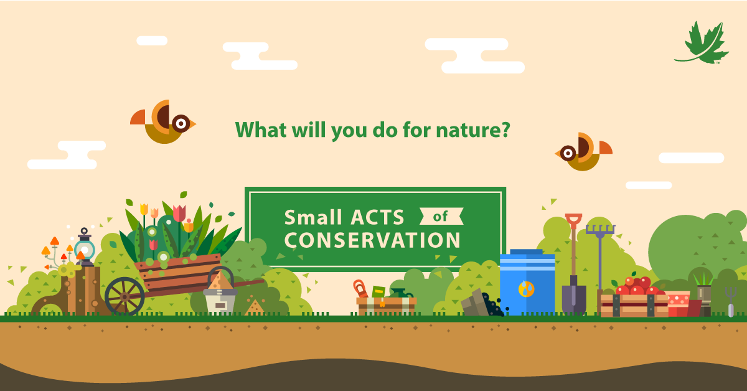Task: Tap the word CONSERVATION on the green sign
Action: tap(372, 240)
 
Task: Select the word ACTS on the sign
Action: tap(377, 217)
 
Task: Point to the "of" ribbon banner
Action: tap(441, 216)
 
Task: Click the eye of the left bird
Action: tap(181, 123)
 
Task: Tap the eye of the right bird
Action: tap(568, 153)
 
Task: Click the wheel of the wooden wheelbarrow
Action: tap(125, 296)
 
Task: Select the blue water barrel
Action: tap(527, 282)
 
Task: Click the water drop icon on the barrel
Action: tap(527, 289)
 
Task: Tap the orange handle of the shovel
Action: tap(573, 221)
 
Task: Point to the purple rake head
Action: tap(600, 230)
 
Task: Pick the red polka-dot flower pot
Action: tap(678, 304)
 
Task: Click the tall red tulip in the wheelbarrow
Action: tap(179, 214)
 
